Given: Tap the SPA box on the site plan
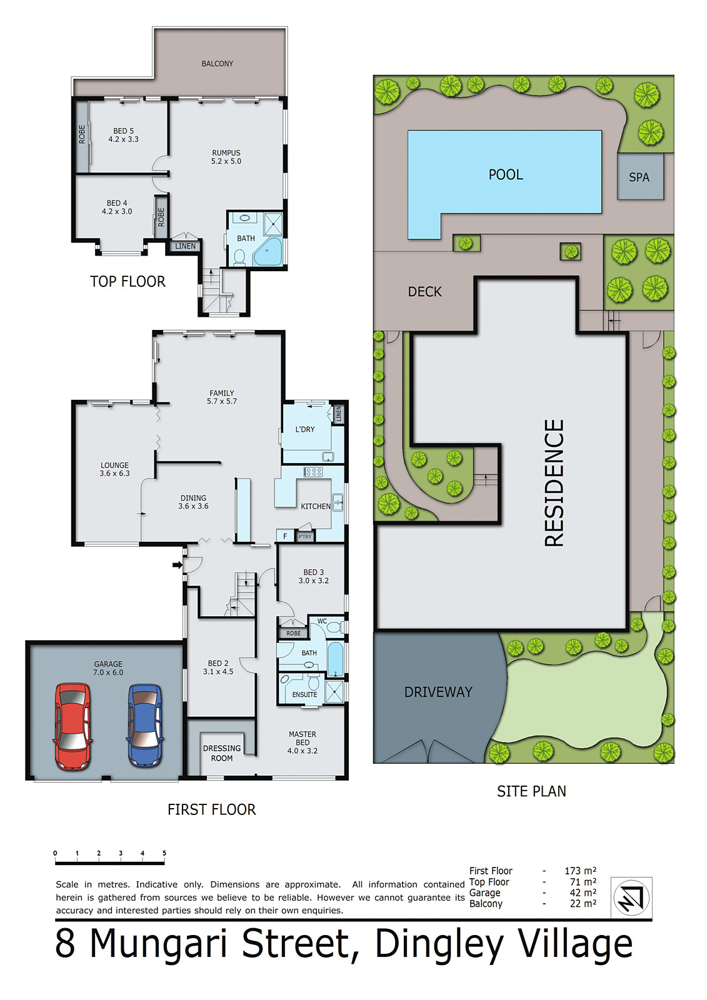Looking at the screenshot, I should point(639,177).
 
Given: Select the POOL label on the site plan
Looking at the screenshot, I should point(505,174).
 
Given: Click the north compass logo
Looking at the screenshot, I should point(631,897).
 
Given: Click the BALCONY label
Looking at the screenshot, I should point(217,64).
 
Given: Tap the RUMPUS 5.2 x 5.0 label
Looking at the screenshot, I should point(226,157).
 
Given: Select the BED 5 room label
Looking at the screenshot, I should point(123,135).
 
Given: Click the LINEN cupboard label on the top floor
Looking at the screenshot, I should point(185,246).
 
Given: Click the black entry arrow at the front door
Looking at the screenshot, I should point(178,565).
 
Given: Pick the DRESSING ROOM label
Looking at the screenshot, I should point(221,753).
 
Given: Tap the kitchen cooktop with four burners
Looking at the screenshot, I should point(313,472).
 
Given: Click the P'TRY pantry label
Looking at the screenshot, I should point(305,536).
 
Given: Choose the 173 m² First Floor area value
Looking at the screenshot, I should point(580,871).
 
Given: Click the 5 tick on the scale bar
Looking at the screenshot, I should point(164,854).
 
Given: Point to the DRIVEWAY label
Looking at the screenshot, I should point(438,692).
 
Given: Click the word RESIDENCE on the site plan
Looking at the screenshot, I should point(554,482).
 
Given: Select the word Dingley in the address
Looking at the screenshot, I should point(439,944).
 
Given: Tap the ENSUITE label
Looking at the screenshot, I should point(304,694).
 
